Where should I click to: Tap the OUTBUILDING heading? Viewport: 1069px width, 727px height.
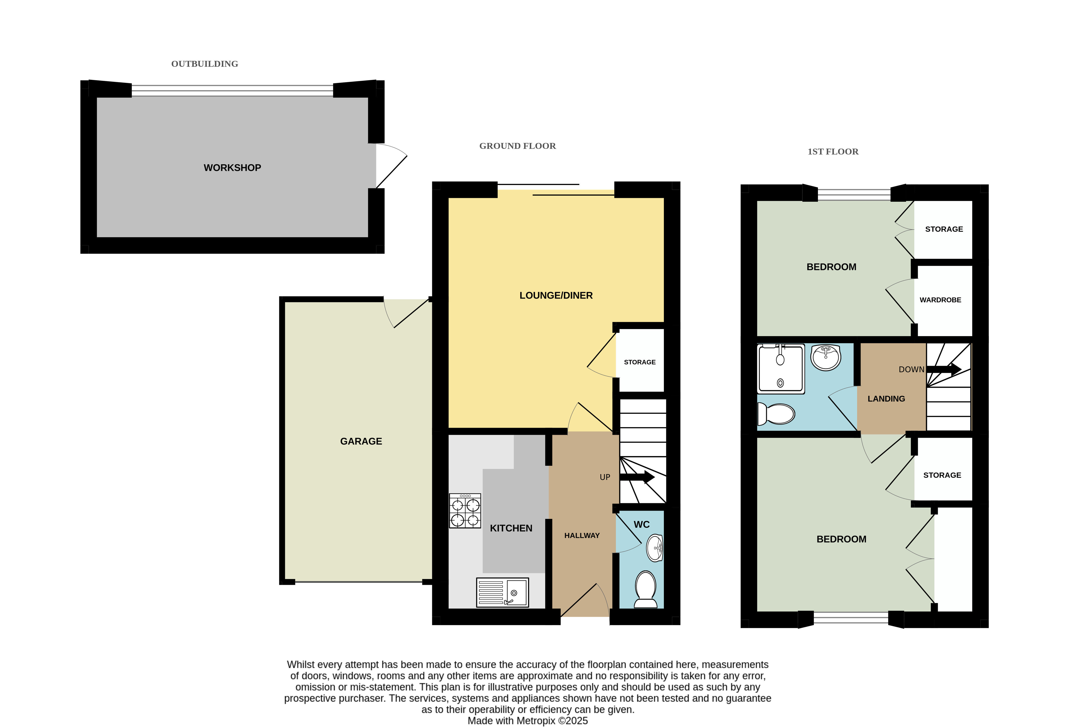pos(205,64)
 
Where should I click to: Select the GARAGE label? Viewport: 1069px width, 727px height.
pos(361,441)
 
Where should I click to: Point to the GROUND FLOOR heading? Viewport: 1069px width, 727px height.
pos(518,146)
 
